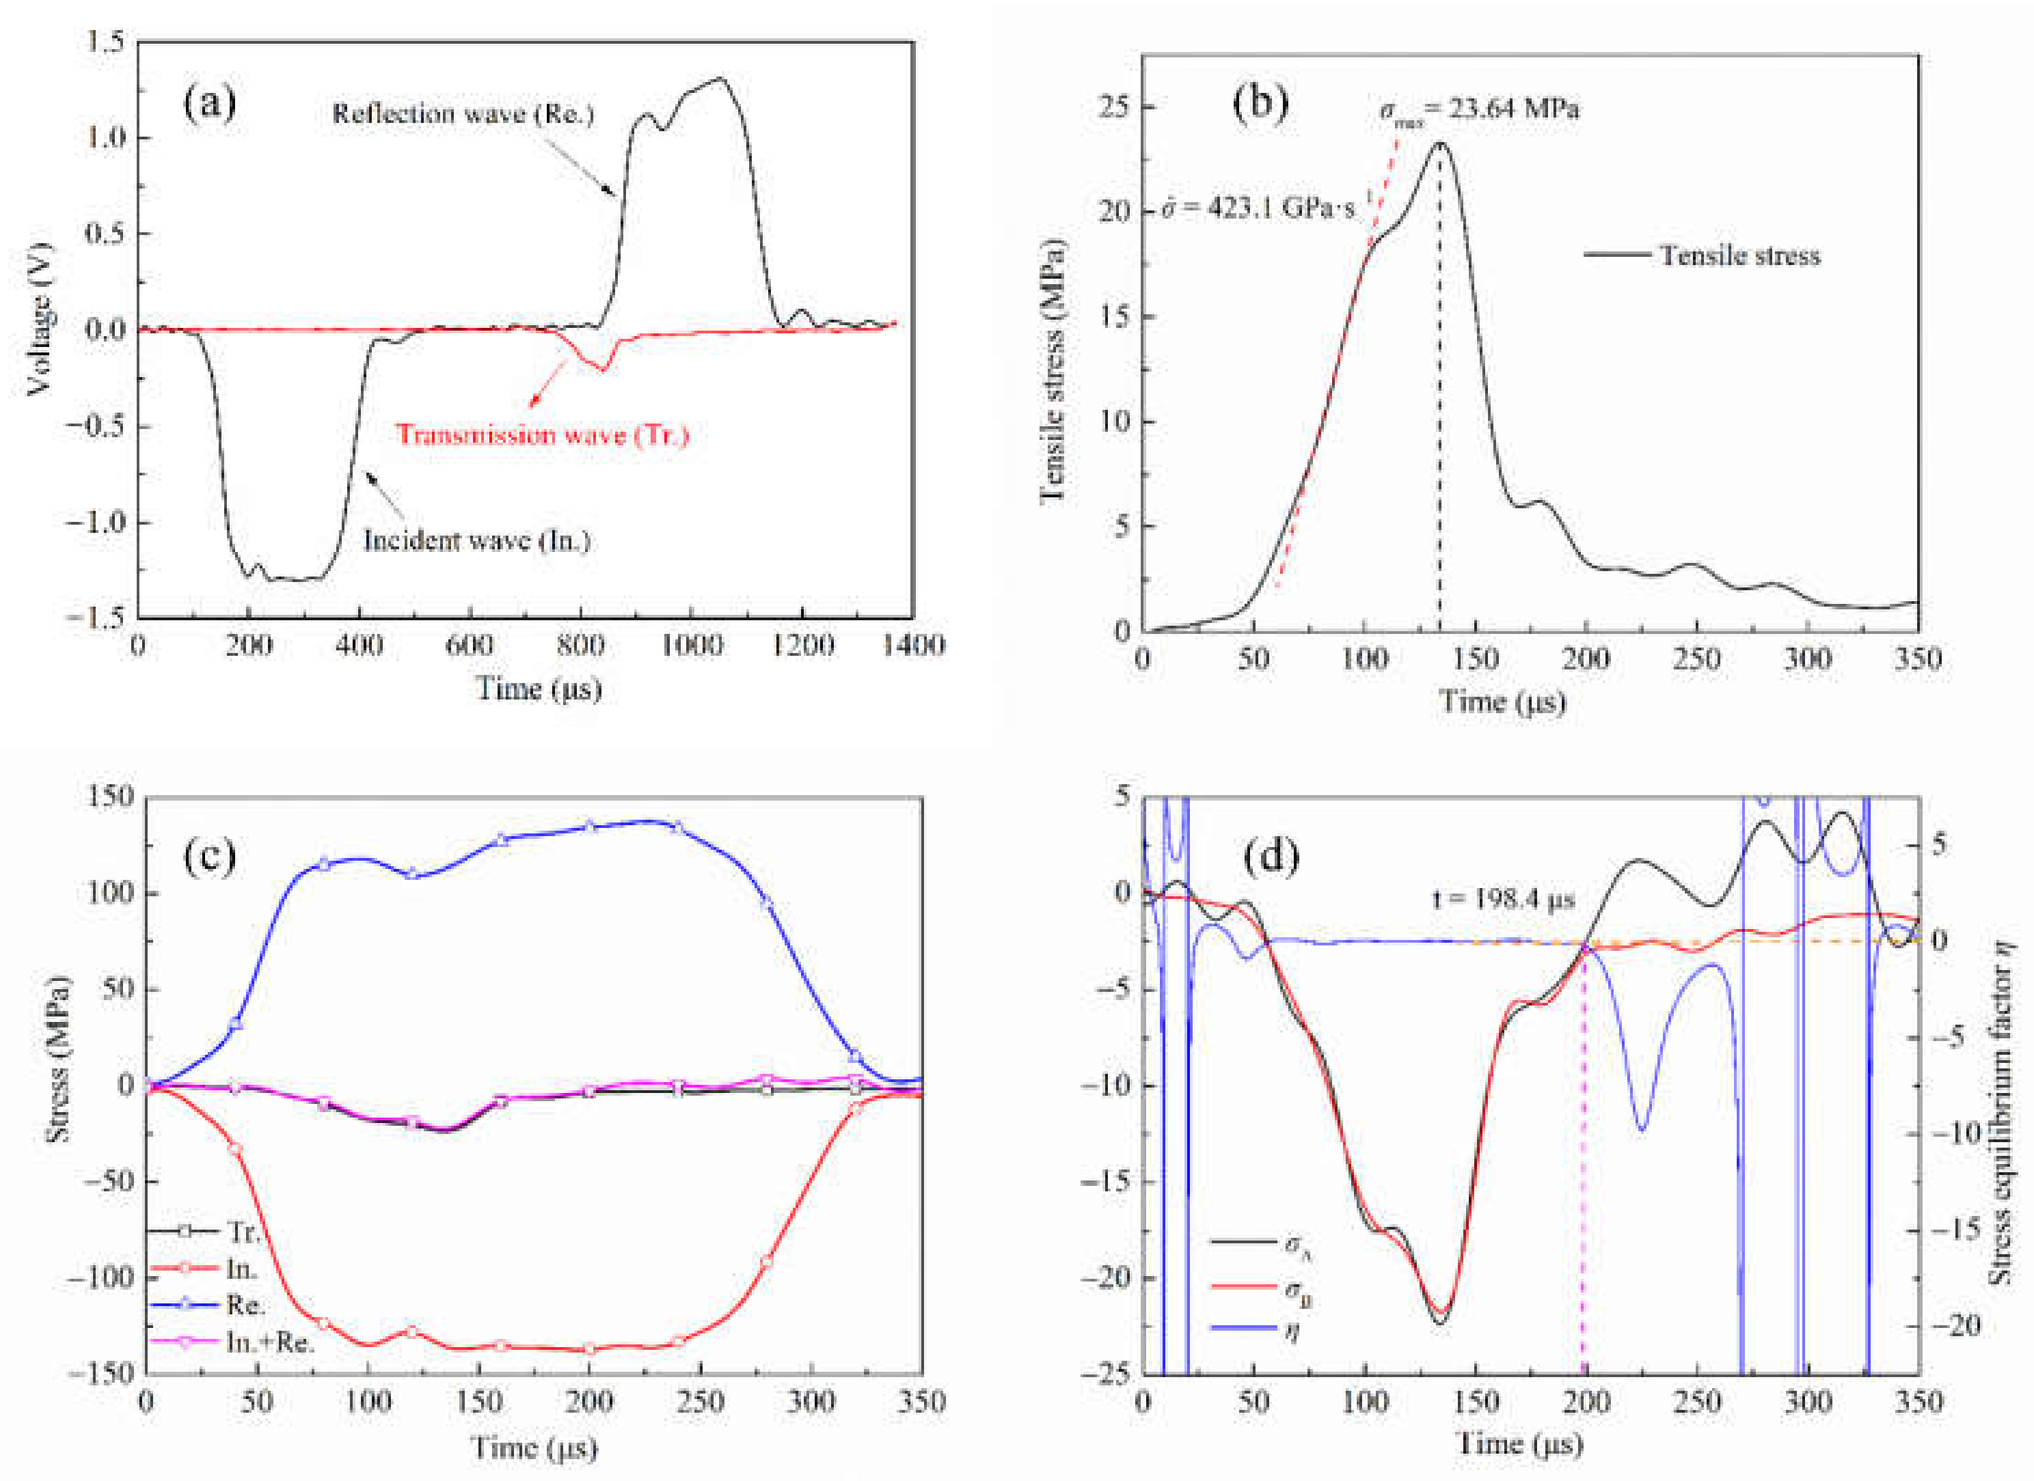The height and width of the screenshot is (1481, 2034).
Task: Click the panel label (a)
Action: (x=210, y=104)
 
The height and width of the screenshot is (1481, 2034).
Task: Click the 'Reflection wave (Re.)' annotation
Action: (x=463, y=115)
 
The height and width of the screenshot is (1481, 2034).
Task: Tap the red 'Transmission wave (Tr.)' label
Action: (x=543, y=436)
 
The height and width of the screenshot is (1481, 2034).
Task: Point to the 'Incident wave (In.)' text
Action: (x=476, y=540)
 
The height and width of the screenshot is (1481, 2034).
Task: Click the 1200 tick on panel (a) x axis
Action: (x=802, y=645)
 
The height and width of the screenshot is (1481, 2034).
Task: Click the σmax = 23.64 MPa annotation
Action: (x=1480, y=110)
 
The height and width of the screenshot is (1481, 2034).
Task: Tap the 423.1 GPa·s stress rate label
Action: (x=1258, y=209)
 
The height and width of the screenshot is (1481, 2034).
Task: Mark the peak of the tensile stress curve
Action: (x=1440, y=143)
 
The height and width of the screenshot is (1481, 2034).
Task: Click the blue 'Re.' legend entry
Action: (x=245, y=1305)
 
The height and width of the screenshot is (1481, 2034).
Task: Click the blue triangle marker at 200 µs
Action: (x=589, y=826)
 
